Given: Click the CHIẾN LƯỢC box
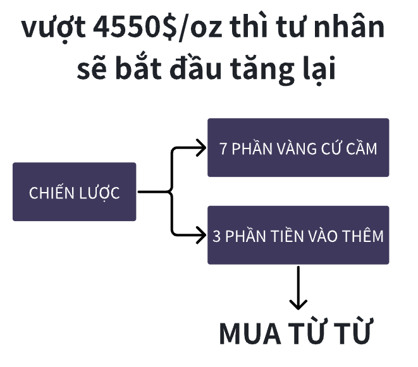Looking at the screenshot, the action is point(75,192).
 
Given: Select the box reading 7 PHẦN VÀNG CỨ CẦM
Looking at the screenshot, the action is point(298,148).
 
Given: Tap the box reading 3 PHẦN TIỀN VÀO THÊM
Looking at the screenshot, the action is point(298,235).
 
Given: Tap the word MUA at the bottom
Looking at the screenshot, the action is point(250,334).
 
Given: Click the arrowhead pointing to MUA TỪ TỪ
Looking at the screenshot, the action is point(298,304).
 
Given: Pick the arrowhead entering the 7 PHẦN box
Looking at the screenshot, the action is point(201,148).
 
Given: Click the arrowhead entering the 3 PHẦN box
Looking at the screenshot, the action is point(201,235).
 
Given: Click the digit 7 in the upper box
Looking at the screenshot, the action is point(223,148).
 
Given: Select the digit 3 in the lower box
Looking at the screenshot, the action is point(216,236).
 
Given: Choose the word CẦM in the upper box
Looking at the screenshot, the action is point(362,147).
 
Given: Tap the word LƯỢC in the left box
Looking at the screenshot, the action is point(97,193).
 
